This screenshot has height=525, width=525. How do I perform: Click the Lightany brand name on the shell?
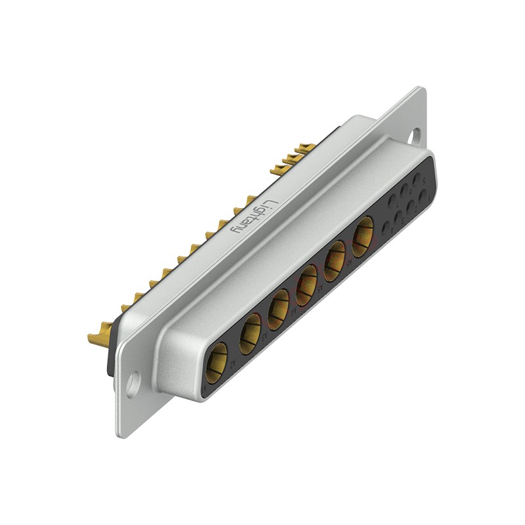point(254,217)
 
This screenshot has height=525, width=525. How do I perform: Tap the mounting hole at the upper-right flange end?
point(414,136)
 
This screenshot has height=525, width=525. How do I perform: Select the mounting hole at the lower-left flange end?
point(133,383)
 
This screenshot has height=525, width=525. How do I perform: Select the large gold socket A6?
point(362,236)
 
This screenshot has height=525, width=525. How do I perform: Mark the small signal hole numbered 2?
point(411,206)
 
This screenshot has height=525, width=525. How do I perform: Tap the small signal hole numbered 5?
point(417,178)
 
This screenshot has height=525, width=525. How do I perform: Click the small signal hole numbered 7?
point(392,201)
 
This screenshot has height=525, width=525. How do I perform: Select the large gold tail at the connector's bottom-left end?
point(99,338)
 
